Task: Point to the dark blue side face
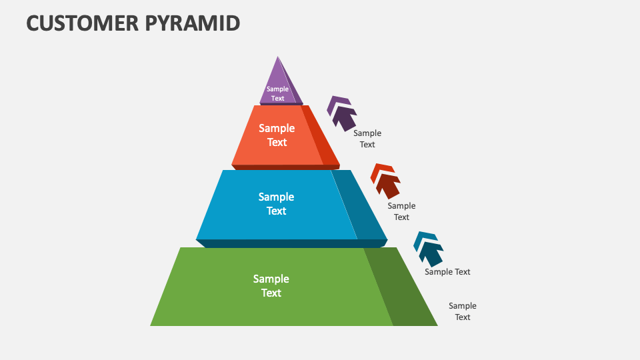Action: [360, 207]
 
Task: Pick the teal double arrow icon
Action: [428, 249]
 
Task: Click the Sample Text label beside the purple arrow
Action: [367, 139]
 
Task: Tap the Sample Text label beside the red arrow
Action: [401, 211]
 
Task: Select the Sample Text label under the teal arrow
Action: [447, 272]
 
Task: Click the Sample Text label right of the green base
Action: [462, 311]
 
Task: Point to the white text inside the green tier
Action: [271, 286]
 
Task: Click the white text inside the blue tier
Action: [277, 204]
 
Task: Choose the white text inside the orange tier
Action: [277, 135]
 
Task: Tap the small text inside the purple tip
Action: [277, 93]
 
